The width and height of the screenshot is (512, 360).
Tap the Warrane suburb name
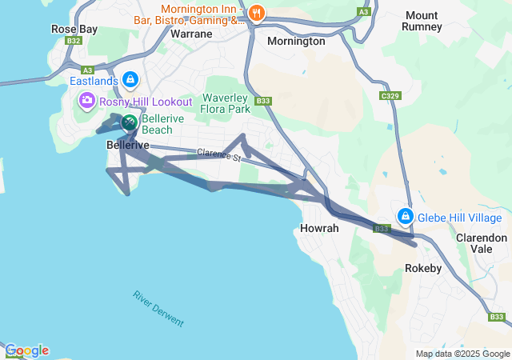point(191,34)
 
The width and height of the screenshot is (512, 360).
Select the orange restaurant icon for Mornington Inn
point(256,12)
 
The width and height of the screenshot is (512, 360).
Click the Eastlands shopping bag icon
point(130,81)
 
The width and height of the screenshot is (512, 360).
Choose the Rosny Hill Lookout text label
point(146,102)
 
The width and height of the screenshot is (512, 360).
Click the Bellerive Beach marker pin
point(130,122)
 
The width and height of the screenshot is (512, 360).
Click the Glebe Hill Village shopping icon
point(406,217)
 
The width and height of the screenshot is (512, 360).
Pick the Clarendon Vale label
point(481,243)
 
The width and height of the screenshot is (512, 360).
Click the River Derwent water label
point(158,308)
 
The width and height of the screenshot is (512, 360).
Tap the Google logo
point(26,350)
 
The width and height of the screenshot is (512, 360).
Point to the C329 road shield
point(390,96)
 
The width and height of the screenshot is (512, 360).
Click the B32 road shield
point(74,40)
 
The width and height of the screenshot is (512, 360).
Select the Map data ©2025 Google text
point(462,354)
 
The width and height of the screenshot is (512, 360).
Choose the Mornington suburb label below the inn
point(296,41)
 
